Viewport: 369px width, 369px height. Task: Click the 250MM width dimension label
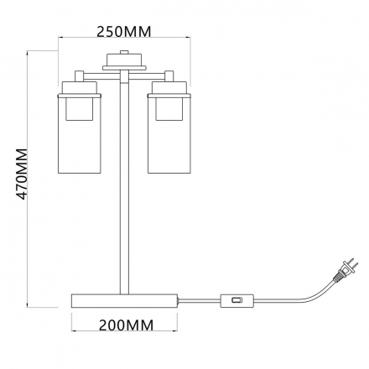(123, 32)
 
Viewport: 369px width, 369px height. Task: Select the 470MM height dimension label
(22, 174)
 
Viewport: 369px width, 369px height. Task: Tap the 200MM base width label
(127, 325)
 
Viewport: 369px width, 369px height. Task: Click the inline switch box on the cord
(237, 301)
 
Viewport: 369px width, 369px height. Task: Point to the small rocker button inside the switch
(236, 300)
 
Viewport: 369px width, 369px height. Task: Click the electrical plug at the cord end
(346, 269)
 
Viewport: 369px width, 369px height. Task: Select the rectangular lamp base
(124, 301)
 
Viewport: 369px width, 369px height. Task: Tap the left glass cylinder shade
(80, 134)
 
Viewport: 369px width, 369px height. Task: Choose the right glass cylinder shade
(169, 134)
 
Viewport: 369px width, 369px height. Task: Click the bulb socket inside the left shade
(80, 109)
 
